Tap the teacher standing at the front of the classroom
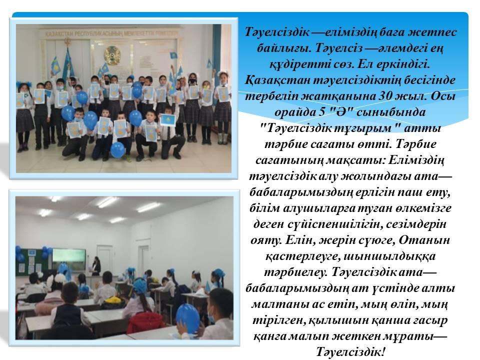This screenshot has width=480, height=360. [x=97, y=265]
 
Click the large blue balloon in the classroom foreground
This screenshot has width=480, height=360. [x=188, y=317]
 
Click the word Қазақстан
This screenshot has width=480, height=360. [x=278, y=80]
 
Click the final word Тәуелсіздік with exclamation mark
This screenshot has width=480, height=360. [x=350, y=351]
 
